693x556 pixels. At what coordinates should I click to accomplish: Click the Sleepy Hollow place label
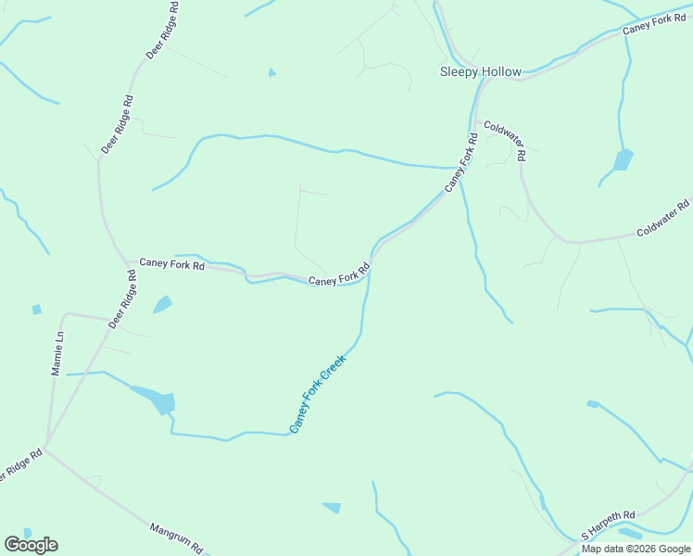coord(481,71)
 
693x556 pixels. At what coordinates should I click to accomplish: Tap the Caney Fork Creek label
coord(318,394)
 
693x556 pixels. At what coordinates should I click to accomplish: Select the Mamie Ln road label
coord(57,355)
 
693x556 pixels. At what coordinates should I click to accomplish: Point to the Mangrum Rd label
coord(176,537)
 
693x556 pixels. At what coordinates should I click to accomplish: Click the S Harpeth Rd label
coord(609,524)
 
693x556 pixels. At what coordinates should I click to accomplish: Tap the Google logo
coord(31,544)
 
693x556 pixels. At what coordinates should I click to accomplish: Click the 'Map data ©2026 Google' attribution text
coord(636,549)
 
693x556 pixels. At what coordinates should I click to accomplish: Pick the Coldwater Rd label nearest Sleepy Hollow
coord(505,140)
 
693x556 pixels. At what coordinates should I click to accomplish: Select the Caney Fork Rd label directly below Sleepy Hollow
coord(460,163)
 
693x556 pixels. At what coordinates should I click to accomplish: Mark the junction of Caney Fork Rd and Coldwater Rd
coord(475,120)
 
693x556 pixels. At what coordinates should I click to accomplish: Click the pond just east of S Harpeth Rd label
coord(629,534)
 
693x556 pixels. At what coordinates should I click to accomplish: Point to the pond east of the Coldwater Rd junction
coord(623,160)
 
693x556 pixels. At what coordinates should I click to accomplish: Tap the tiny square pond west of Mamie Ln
coord(36,310)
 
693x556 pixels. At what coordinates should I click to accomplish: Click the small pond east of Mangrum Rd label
coord(332,507)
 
